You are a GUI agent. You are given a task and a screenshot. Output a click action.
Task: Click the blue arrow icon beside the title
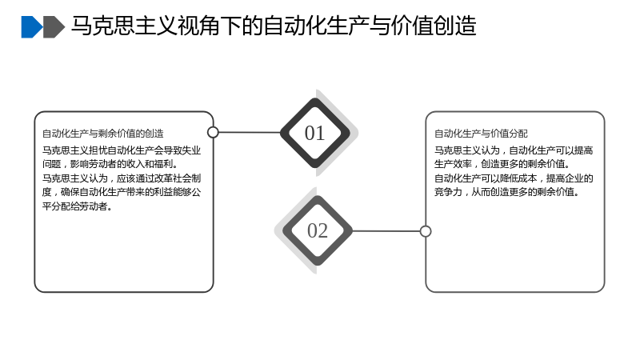(31, 27)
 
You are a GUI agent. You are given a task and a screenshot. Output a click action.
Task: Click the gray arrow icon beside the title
(54, 27)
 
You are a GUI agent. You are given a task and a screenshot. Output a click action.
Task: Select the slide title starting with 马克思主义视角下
(274, 26)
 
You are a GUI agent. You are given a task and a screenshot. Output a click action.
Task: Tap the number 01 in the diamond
(314, 133)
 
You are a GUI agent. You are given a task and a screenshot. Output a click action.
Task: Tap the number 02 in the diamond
(318, 230)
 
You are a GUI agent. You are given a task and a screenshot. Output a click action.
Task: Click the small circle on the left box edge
(213, 132)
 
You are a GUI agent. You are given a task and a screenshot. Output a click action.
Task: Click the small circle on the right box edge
(426, 231)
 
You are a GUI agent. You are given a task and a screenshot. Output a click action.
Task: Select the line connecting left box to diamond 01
(250, 132)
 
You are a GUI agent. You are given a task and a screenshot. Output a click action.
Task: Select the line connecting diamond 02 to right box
(386, 231)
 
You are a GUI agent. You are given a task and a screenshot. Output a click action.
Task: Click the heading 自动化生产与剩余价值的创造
(103, 134)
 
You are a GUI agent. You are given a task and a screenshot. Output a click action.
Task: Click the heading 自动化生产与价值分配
(481, 134)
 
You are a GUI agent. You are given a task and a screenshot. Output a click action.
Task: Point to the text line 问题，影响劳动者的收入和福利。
(110, 164)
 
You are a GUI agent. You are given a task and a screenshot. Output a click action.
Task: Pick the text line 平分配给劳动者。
(78, 206)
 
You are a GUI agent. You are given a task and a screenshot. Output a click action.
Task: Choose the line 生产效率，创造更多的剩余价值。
(502, 164)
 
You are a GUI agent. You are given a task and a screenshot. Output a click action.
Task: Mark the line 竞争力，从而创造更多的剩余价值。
(507, 192)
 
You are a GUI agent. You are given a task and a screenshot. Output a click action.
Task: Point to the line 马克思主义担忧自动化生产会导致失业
(122, 150)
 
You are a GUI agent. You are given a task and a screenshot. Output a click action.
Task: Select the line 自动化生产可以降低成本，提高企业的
(514, 178)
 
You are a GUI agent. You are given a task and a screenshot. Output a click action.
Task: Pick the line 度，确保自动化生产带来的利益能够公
(122, 192)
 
